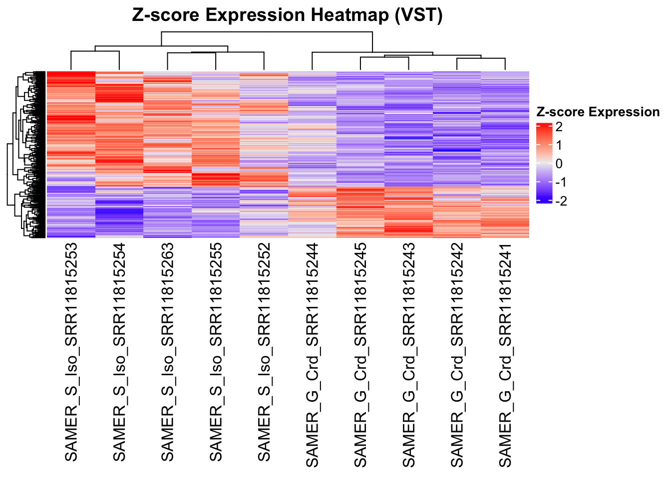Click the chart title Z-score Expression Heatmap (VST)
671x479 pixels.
tap(287, 15)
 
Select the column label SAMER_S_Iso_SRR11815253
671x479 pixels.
tap(71, 352)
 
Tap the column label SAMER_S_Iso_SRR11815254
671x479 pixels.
tap(119, 352)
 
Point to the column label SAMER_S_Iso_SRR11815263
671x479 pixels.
tap(168, 352)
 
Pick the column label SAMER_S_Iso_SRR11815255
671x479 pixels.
tap(216, 352)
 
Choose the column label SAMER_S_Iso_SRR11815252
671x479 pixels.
tap(264, 352)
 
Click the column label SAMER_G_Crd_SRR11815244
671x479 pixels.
tap(312, 355)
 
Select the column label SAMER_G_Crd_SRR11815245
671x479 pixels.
tap(360, 355)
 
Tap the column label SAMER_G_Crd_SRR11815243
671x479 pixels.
tap(408, 355)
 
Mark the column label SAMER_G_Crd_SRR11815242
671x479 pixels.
tap(457, 355)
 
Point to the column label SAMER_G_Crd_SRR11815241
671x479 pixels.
tap(505, 355)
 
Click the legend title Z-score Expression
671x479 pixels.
tap(598, 112)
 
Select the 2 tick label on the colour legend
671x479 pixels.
tap(559, 127)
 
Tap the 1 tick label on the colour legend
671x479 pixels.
tap(559, 145)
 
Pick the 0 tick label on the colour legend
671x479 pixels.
tap(559, 164)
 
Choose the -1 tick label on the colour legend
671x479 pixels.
tap(561, 182)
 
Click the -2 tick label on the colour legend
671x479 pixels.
tap(561, 201)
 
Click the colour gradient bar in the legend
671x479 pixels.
tap(544, 164)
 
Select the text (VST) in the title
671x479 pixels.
tap(418, 15)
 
